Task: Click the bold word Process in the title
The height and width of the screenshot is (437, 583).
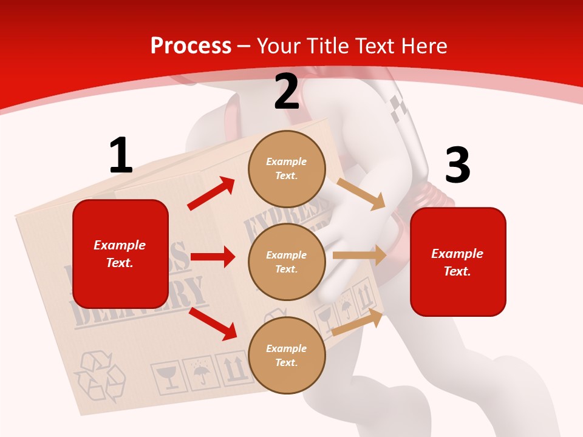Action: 191,46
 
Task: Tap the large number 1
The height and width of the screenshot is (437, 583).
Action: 121,155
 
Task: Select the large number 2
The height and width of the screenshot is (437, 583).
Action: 287,92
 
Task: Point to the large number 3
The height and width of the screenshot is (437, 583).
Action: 457,165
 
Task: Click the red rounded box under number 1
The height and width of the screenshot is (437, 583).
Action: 120,254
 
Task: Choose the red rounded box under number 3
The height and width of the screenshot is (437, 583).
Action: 458,262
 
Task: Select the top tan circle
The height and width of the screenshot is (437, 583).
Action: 287,169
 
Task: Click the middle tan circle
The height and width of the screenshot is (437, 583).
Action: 287,262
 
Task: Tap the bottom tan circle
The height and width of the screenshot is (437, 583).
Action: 287,356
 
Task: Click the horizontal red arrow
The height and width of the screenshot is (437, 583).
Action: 213,257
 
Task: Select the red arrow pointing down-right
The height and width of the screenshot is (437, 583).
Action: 213,324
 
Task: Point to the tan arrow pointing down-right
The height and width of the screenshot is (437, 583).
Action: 361,194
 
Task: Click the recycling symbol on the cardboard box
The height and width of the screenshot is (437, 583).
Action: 99,377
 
